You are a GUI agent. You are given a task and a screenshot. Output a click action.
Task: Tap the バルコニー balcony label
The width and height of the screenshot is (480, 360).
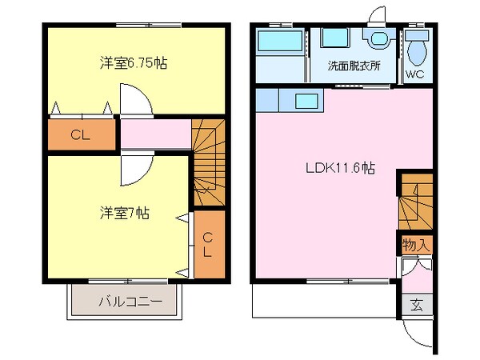point(130,302)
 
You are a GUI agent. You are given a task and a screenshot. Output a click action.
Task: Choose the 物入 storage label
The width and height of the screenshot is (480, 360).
point(416,243)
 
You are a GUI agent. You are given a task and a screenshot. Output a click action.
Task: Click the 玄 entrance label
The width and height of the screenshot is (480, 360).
point(417,304)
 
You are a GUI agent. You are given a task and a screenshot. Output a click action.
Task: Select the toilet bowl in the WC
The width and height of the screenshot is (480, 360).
point(415,50)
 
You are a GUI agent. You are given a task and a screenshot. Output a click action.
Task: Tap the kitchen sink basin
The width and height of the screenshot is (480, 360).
point(306,101)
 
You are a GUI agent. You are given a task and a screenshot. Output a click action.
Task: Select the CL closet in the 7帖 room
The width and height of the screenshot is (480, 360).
point(206,244)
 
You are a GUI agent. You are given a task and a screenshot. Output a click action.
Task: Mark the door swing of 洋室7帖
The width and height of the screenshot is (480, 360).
point(135,169)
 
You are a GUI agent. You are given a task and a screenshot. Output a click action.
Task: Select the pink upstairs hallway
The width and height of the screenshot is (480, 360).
point(154,134)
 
